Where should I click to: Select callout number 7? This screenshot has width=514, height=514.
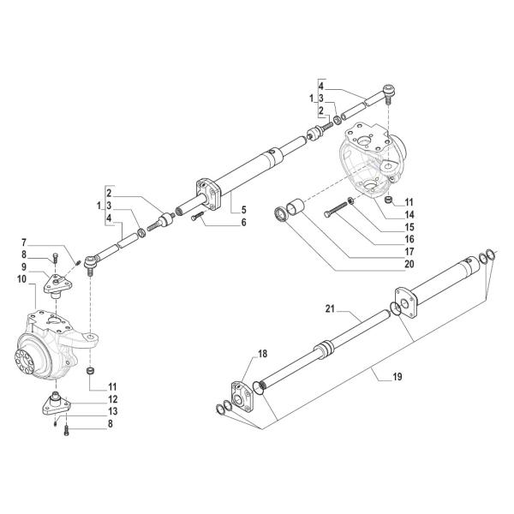[49, 242]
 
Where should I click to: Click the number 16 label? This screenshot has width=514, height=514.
[409, 239]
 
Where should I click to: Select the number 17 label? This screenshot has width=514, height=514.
[409, 252]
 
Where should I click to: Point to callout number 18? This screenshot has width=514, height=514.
[262, 354]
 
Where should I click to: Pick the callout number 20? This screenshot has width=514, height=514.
[409, 265]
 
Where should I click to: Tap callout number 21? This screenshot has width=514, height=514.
[329, 308]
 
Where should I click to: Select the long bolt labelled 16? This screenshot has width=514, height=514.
[338, 214]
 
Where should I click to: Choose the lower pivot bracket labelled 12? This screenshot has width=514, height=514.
[58, 403]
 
